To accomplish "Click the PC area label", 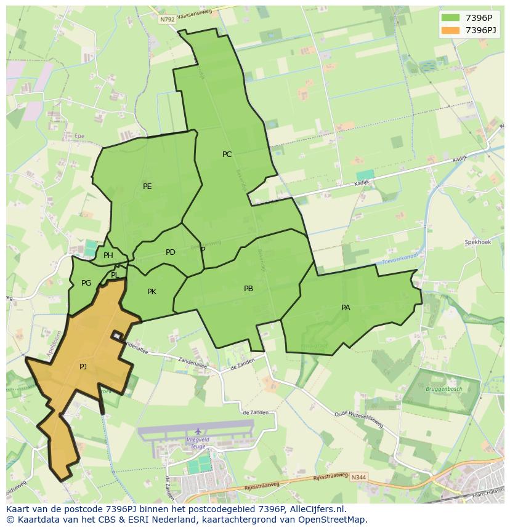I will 227,155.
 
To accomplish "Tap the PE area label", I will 147,187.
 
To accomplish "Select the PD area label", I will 171,252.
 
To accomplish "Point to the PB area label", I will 248,289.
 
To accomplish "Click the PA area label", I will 346,308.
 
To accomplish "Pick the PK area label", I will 152,292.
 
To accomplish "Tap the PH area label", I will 108,256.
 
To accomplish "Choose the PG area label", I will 86,283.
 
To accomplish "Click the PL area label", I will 115,275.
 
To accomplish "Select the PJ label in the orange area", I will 83,367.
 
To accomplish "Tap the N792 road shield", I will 167,20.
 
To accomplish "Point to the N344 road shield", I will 359,478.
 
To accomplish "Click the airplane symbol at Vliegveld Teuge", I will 198,431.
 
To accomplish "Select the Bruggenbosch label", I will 443,389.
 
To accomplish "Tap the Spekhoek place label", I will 477,243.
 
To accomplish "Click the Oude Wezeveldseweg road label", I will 358,419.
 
